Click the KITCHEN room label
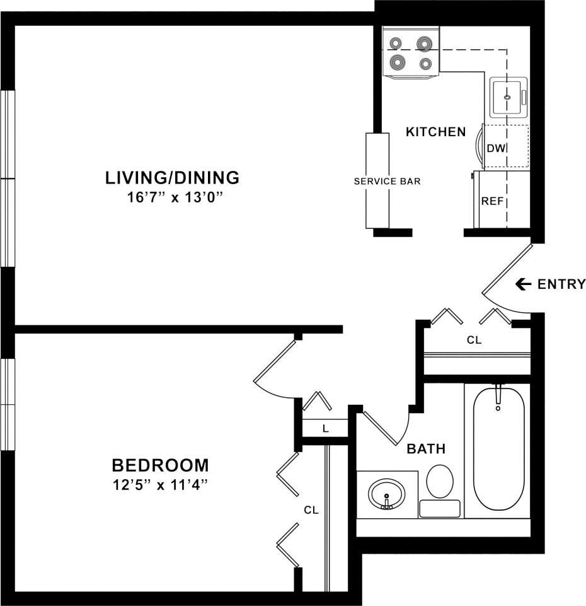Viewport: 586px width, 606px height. click(435, 132)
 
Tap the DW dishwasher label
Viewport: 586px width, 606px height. click(496, 148)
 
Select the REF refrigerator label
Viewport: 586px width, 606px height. click(491, 202)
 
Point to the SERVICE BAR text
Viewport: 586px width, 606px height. click(387, 181)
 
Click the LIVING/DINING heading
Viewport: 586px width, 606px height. click(172, 177)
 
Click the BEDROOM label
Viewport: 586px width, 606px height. click(160, 466)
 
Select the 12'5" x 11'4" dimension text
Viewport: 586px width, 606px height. click(160, 486)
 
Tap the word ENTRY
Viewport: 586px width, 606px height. click(561, 284)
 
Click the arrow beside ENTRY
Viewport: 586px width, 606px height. click(523, 284)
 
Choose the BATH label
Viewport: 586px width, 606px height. click(426, 449)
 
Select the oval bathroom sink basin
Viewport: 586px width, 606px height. click(386, 494)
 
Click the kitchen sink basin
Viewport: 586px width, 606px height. click(508, 97)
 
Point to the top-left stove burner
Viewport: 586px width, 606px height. click(395, 44)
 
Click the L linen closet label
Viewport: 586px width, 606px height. click(325, 429)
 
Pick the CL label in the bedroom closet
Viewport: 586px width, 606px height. click(311, 510)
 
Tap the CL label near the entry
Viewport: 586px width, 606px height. click(474, 340)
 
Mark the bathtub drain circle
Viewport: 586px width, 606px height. click(498, 409)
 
